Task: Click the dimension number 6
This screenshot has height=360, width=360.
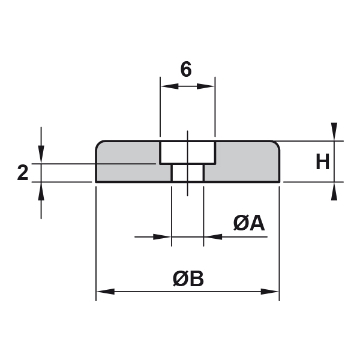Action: coord(186,69)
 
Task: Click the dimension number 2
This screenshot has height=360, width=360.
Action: coord(23,172)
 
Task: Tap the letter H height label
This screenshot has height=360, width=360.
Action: coord(323,161)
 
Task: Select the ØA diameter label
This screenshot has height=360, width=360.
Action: coord(249,223)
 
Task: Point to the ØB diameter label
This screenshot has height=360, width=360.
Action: coord(188,278)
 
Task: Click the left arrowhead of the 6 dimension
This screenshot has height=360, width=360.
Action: coord(169,86)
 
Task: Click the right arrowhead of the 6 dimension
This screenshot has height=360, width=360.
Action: coord(206,86)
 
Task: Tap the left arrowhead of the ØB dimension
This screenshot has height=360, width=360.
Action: coord(106,292)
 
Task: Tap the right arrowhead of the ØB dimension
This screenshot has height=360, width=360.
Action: coord(270,292)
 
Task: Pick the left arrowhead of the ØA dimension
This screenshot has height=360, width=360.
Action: coord(162,237)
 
